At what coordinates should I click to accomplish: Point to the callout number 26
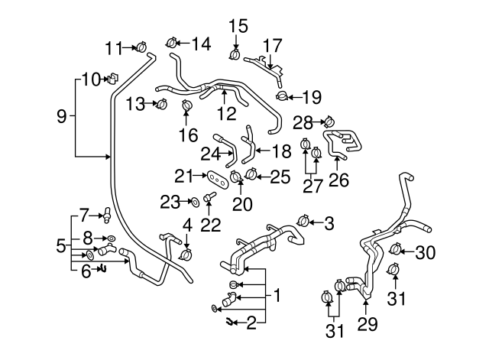[337, 180]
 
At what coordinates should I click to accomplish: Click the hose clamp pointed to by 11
[142, 48]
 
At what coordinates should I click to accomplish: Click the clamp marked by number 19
[283, 96]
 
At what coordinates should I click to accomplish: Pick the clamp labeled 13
[161, 104]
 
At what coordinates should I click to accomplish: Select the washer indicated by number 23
[196, 202]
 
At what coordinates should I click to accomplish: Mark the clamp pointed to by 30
[395, 249]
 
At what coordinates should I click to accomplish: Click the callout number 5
[61, 246]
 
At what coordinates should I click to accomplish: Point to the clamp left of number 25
[252, 177]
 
